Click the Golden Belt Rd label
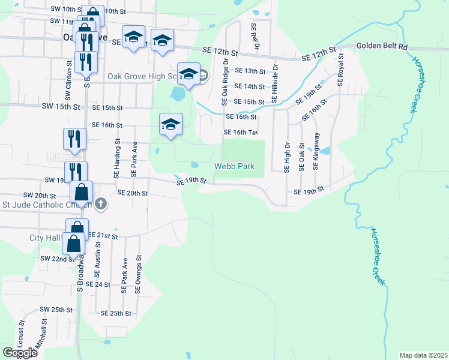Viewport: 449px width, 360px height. point(382,46)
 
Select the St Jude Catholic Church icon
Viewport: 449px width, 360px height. point(100,205)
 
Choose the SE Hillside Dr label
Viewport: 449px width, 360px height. point(275,85)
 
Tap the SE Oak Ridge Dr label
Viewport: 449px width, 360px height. point(225,82)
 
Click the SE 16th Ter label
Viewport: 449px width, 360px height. point(240,132)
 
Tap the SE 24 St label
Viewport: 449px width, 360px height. point(98,284)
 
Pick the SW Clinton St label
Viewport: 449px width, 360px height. point(68,83)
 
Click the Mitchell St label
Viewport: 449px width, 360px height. point(44,336)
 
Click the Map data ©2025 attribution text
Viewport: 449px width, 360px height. point(423,355)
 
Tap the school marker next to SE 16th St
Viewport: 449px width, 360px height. point(170,124)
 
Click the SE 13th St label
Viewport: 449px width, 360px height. point(250,71)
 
